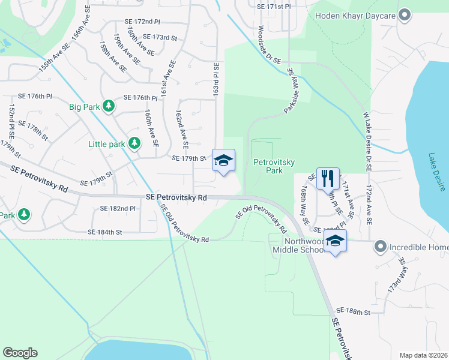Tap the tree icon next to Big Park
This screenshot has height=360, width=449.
[108, 107]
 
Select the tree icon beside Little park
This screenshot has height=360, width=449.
[135, 143]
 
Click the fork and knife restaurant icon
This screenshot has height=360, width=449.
[327, 178]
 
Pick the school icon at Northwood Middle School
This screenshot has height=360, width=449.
[336, 241]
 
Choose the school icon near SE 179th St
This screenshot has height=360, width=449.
[223, 160]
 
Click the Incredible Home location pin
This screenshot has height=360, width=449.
[379, 247]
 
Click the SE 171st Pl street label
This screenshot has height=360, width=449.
[273, 6]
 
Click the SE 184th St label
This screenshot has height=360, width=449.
[105, 232]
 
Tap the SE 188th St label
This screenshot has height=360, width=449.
[354, 311]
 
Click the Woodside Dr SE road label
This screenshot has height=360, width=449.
[269, 46]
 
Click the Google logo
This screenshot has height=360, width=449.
[20, 353]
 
